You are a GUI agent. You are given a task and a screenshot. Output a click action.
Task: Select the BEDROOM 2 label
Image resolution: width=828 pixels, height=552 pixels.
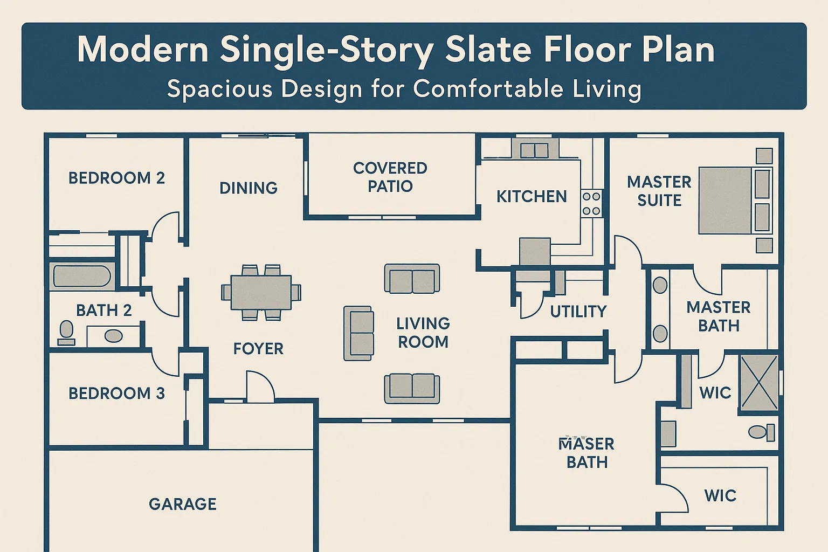[x=116, y=178]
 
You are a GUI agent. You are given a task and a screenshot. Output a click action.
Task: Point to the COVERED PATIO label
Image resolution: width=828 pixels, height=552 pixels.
[x=390, y=177]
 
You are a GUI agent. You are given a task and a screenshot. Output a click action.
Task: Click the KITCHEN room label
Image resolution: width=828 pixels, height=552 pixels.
[x=532, y=197]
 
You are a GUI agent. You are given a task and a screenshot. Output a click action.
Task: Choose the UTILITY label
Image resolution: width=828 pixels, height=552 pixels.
[x=578, y=312]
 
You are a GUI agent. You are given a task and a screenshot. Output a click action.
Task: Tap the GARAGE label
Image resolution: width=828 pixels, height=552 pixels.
[x=182, y=504]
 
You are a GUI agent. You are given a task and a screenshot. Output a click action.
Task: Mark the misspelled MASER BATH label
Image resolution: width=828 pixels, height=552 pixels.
[x=586, y=453]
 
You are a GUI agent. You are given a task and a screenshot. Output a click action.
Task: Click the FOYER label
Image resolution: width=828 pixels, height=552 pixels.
[x=258, y=349]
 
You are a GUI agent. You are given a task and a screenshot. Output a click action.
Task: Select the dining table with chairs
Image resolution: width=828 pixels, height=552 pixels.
[x=261, y=293]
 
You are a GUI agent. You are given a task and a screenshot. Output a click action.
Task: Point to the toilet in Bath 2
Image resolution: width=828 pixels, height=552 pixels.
[x=66, y=333]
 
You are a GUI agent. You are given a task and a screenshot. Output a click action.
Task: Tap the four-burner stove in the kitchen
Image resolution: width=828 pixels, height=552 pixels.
[x=591, y=204]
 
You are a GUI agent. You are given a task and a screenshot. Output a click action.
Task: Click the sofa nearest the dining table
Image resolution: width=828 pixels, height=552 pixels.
[x=358, y=333]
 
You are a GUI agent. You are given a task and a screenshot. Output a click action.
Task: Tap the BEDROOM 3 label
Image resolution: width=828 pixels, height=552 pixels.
[x=116, y=394]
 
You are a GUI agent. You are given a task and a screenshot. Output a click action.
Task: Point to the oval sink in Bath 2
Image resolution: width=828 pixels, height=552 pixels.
[x=113, y=336]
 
